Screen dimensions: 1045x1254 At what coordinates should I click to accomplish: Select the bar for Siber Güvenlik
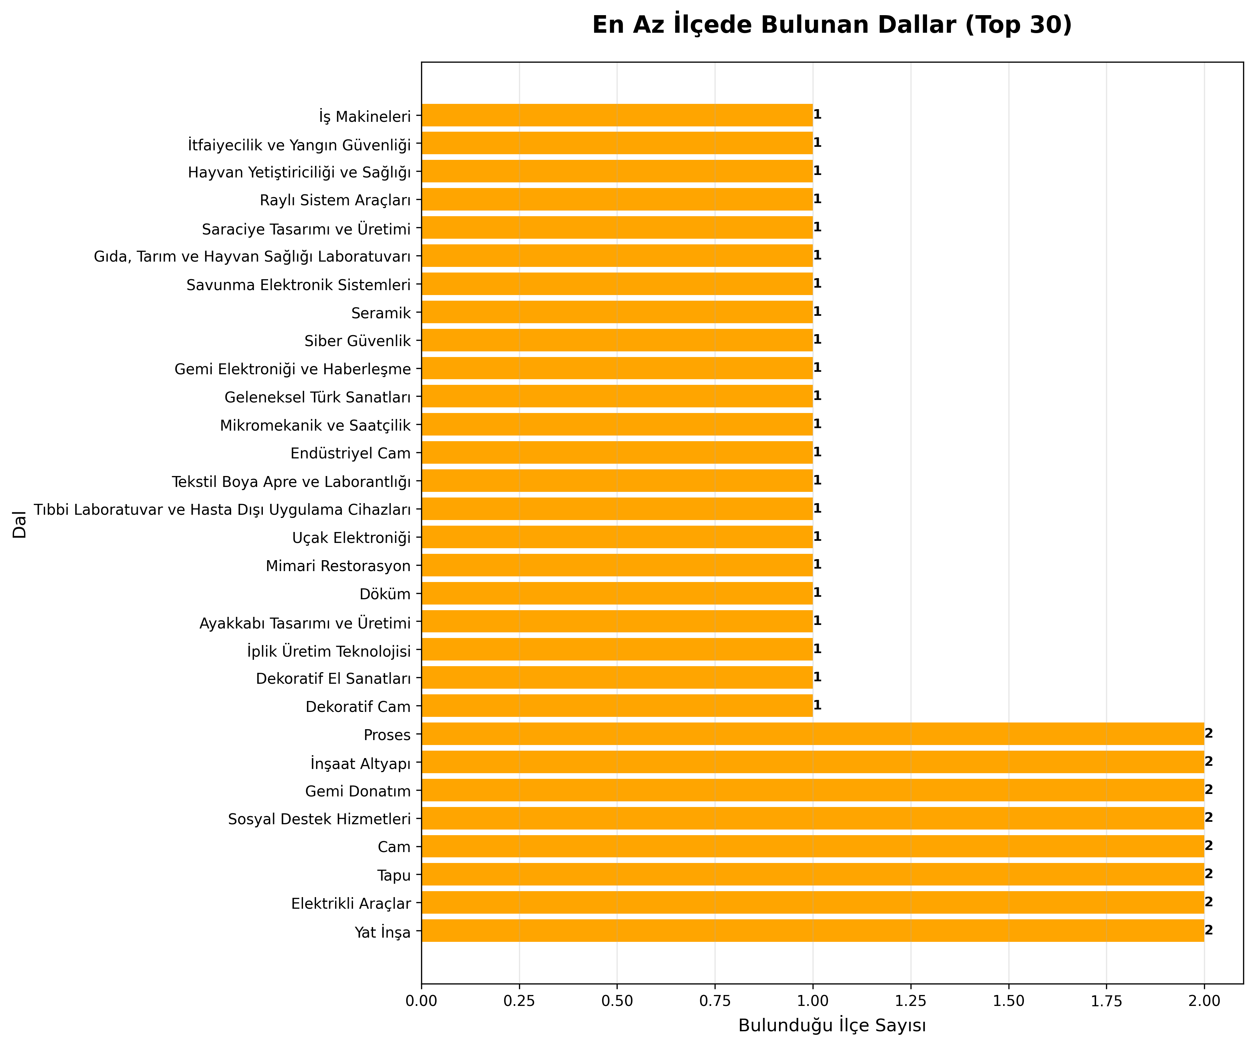(617, 340)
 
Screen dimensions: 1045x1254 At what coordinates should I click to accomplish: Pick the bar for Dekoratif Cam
(617, 706)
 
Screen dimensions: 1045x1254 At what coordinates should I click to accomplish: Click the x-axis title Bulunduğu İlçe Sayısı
(832, 1025)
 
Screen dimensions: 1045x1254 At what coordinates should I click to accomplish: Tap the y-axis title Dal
(20, 524)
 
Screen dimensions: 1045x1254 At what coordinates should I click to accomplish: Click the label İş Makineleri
(365, 116)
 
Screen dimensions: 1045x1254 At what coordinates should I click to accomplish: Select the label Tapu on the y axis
(394, 876)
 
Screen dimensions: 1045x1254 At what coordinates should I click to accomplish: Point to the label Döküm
(385, 594)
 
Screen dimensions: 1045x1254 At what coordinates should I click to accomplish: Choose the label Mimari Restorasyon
(338, 566)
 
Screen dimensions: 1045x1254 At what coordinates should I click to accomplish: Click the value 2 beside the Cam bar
(1209, 846)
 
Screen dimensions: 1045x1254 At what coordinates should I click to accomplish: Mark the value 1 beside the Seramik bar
(817, 312)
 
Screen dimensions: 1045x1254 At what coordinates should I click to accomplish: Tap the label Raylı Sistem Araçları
(335, 200)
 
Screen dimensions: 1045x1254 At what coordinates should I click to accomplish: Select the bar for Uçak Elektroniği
(617, 537)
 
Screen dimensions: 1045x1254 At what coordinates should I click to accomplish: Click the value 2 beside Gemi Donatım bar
(1209, 790)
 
